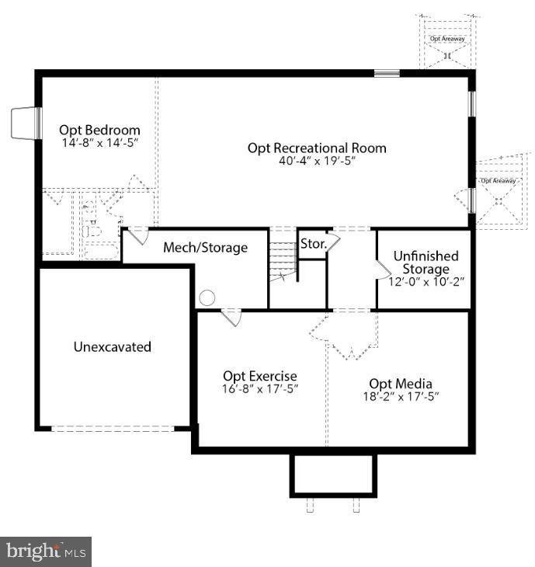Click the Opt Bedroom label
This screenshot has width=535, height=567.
[x=99, y=130]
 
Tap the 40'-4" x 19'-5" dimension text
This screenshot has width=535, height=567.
[x=317, y=161]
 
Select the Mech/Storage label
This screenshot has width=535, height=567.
[x=205, y=247]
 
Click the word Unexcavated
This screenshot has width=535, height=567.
[x=113, y=346]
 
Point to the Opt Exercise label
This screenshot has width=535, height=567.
[x=260, y=376]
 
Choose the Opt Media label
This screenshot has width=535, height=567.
[x=401, y=384]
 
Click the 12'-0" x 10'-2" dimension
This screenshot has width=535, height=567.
[x=426, y=281]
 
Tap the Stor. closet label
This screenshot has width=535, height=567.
[x=314, y=244]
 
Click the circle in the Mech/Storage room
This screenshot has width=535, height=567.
[x=207, y=298]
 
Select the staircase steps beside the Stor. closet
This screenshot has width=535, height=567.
[x=283, y=257]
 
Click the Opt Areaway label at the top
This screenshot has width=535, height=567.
[x=447, y=38]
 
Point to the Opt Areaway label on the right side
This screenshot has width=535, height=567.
[x=499, y=180]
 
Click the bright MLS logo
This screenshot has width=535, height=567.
[x=46, y=552]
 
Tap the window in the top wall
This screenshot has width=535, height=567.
[x=387, y=74]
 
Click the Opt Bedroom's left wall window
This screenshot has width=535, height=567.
[x=37, y=123]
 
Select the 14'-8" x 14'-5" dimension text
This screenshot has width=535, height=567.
[x=100, y=142]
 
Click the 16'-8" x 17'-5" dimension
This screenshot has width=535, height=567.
[x=260, y=388]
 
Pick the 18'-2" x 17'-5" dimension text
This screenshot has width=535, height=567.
[x=401, y=397]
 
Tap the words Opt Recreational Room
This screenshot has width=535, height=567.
[x=317, y=148]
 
